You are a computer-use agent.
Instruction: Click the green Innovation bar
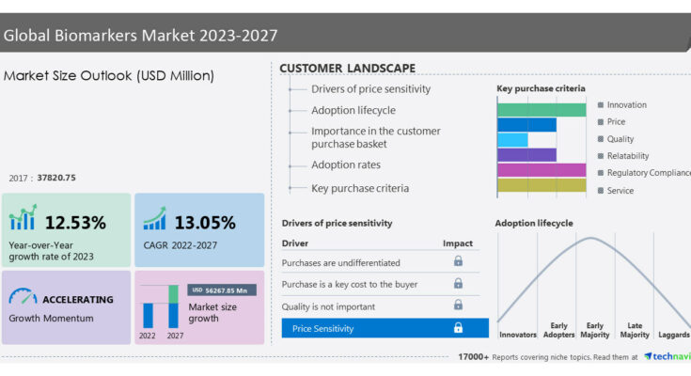pos(542,110)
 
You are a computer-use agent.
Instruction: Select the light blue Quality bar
pos(512,140)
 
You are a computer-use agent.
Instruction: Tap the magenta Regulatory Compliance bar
pos(542,170)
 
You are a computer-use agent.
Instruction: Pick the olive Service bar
pos(542,185)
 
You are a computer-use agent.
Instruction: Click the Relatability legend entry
pos(623,156)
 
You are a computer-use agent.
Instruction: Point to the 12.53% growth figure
pos(75,223)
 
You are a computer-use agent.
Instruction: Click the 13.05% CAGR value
pos(205,223)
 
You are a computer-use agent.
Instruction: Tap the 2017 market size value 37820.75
pos(56,178)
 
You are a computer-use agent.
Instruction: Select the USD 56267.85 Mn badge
pos(222,290)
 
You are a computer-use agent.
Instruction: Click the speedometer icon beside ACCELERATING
pos(23,296)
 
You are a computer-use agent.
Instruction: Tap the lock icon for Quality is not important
pos(459,305)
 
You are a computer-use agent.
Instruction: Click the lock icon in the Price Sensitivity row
pos(459,327)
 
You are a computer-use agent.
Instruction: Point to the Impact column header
pos(458,243)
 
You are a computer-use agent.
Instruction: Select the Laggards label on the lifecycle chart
pos(674,335)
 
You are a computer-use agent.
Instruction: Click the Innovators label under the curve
pos(518,335)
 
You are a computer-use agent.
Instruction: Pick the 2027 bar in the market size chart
pos(173,306)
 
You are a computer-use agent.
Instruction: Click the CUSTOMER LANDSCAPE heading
pos(347,69)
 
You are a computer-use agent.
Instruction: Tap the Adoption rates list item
pos(346,164)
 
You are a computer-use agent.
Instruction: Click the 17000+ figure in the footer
pos(473,356)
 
